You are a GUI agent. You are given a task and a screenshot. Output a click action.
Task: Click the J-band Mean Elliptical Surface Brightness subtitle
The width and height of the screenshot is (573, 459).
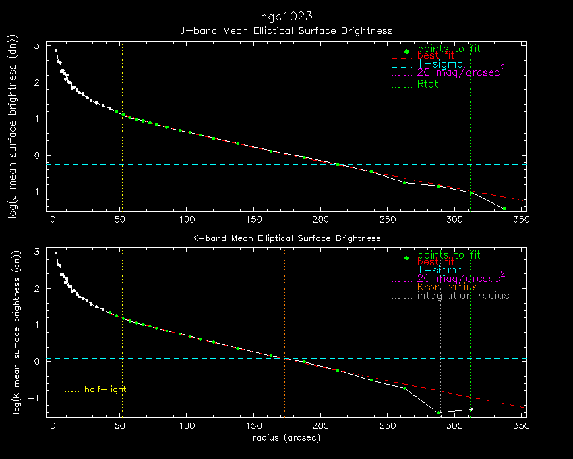point(286,30)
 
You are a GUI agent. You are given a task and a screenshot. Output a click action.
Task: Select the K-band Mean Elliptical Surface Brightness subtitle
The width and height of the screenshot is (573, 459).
point(286,238)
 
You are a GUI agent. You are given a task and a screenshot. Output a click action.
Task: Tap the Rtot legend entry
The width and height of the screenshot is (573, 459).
point(427,84)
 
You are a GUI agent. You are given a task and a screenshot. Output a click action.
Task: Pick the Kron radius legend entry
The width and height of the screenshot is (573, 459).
point(447,287)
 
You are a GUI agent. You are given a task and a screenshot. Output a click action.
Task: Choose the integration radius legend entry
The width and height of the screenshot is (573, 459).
point(463,296)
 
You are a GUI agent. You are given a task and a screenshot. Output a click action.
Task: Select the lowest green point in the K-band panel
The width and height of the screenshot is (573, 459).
point(438,412)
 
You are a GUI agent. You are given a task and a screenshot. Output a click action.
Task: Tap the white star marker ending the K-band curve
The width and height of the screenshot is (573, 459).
point(471,409)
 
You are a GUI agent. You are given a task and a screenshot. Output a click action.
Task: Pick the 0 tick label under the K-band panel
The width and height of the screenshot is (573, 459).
point(53,427)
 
